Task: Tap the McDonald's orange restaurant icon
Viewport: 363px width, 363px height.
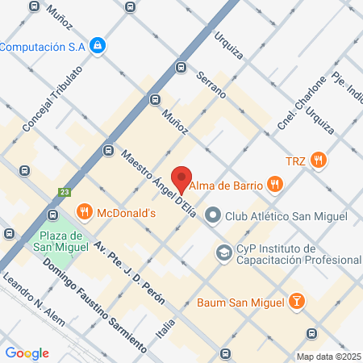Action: (x=84, y=212)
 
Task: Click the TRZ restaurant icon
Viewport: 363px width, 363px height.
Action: (x=319, y=160)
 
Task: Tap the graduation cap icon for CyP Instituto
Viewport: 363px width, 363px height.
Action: (x=222, y=253)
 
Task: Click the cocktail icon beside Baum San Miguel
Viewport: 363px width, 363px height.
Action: (x=297, y=302)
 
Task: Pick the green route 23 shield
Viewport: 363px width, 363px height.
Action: (x=63, y=192)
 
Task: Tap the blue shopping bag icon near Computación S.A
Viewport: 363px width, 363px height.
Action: (x=98, y=45)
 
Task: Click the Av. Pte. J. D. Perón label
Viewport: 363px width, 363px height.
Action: (x=129, y=273)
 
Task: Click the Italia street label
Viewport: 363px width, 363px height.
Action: (x=168, y=327)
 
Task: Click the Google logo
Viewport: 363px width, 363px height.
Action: (x=27, y=353)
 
